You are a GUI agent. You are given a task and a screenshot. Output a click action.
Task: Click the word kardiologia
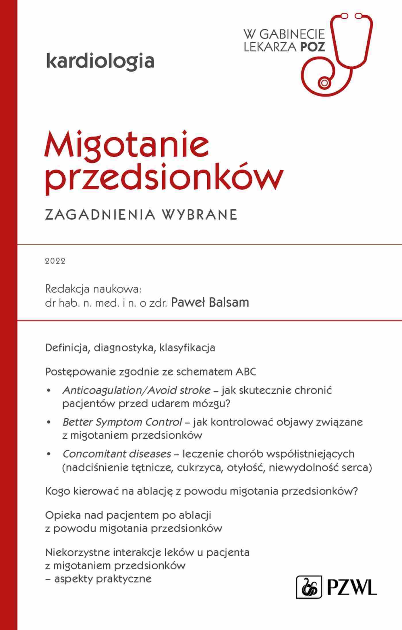click(100, 61)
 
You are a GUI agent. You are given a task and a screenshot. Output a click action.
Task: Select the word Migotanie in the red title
click(127, 145)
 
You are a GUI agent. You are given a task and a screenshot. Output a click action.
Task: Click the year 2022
click(55, 261)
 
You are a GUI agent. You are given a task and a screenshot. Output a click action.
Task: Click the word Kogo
click(57, 492)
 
